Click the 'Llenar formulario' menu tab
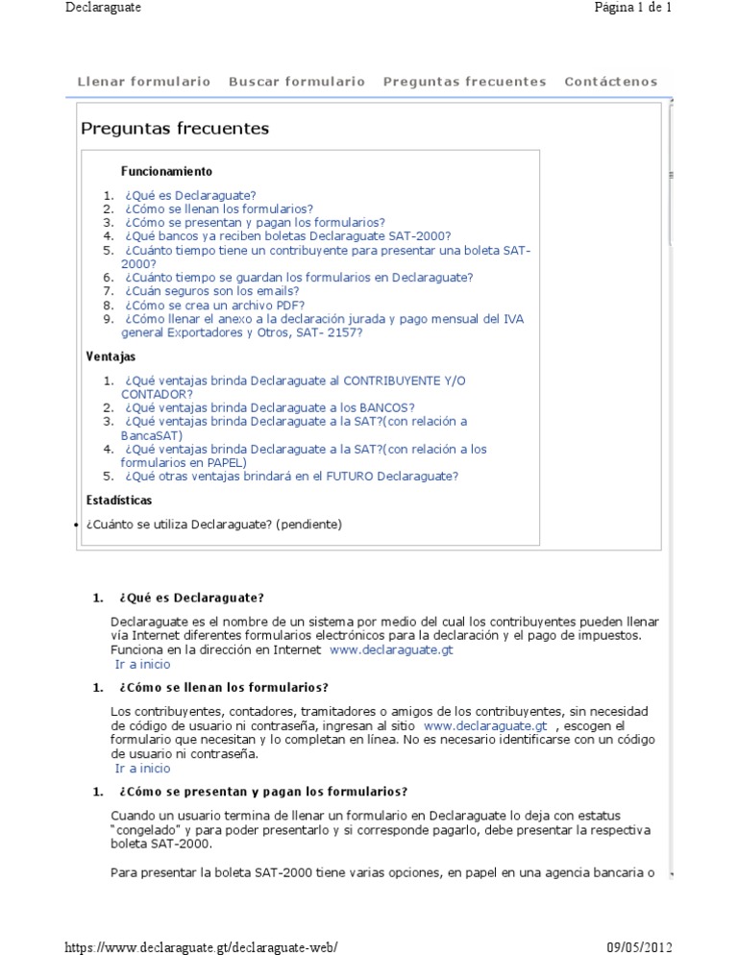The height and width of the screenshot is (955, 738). coord(143,82)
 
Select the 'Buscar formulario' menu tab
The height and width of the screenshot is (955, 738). coord(296,82)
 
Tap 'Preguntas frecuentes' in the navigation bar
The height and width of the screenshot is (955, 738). coord(464,82)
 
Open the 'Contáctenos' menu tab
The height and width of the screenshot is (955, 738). coord(611,82)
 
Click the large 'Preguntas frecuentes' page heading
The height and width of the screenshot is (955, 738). coord(175,129)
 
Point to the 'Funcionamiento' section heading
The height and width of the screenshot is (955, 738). coord(166,171)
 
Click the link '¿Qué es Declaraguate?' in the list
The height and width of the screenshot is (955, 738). coord(190,195)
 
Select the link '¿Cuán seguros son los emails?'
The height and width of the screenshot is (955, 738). coord(211,291)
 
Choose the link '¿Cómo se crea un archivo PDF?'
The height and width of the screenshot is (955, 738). coord(214,306)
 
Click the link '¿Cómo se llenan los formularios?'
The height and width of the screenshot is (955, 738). coord(218,208)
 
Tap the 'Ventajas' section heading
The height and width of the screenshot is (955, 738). coord(111,356)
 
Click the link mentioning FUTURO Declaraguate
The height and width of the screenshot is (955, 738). coord(290,476)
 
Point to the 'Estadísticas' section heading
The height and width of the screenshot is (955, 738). coord(119,501)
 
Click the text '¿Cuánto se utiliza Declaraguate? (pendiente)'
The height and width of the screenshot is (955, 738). coord(213,525)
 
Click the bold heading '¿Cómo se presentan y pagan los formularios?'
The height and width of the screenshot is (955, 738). coord(263,792)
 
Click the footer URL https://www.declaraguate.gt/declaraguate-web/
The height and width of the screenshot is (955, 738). coord(202,946)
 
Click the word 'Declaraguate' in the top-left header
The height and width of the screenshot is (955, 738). coord(104,8)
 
